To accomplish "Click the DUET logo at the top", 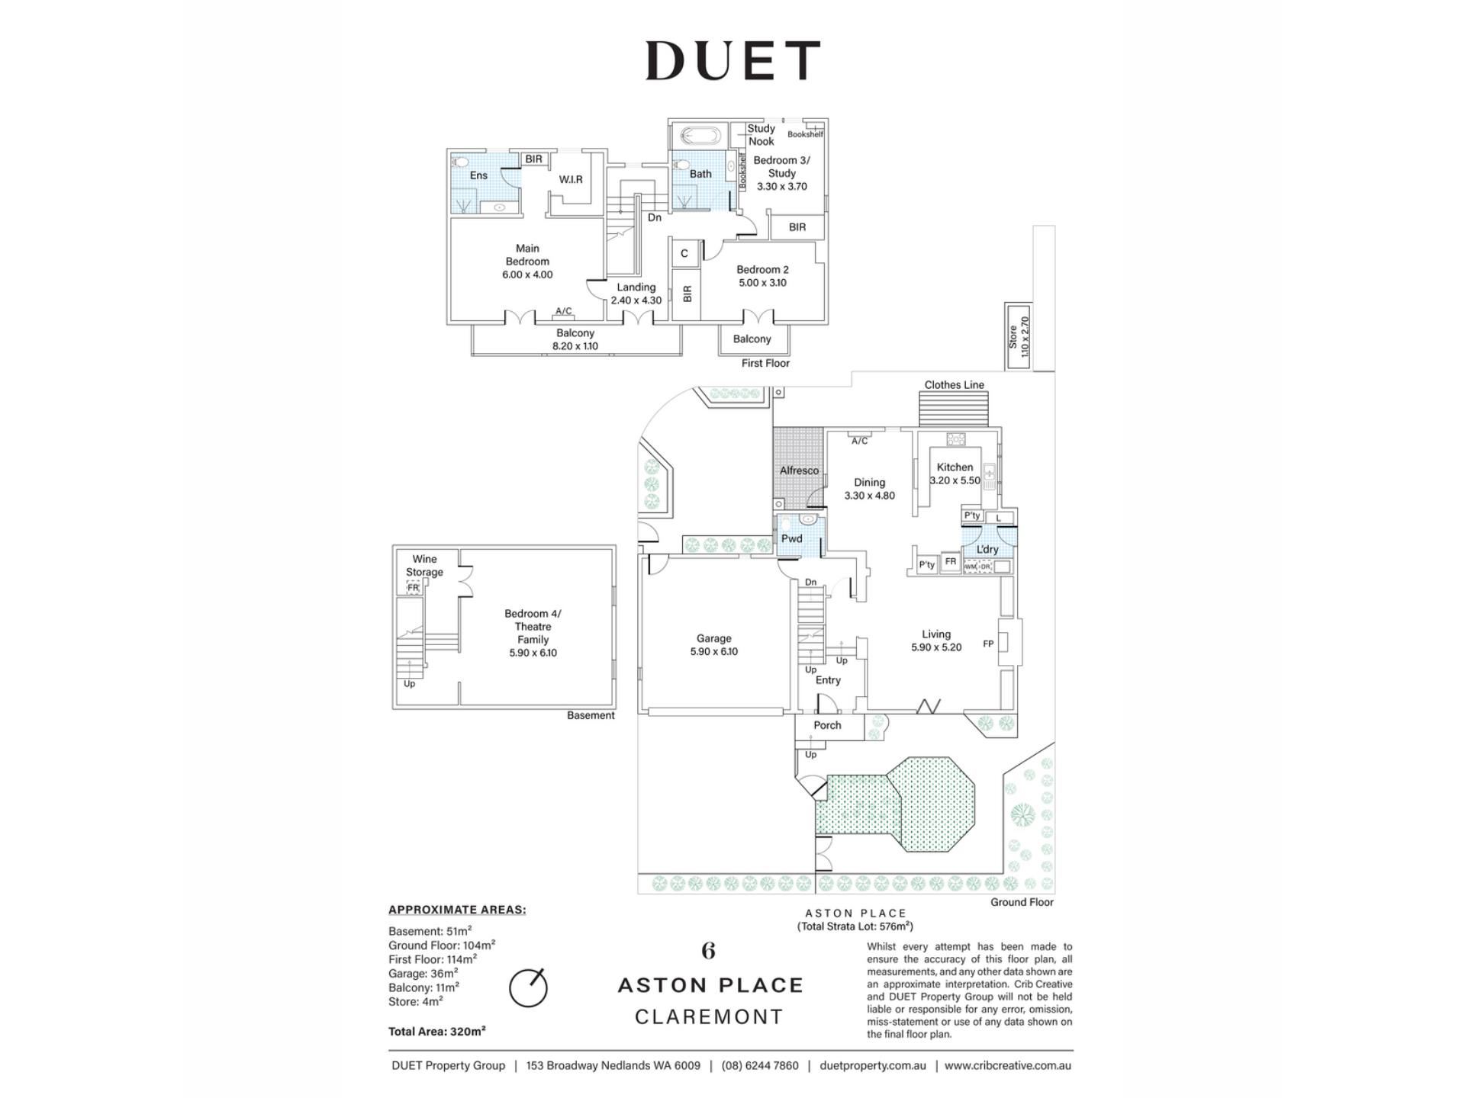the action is click(732, 60).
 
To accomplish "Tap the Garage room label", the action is click(713, 638).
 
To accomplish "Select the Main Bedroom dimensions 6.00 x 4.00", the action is click(527, 274).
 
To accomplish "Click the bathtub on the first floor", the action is click(699, 136).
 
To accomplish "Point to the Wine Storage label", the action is click(424, 565).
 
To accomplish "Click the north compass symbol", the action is click(528, 988).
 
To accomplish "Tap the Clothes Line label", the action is click(954, 385).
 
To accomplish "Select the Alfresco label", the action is click(799, 470).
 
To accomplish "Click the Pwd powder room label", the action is click(791, 538).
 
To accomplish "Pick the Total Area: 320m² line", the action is click(437, 1032).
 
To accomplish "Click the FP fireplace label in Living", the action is click(988, 644).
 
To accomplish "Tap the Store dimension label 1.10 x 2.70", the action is click(1025, 337).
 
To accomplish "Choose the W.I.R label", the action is click(571, 179).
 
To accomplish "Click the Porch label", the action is click(827, 725).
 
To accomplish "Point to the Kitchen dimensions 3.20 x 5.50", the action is click(955, 480).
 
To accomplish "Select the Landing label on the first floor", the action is click(636, 287).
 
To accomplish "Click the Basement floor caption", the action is click(591, 715).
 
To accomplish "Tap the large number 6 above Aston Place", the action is click(709, 951).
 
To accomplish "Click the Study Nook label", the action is click(761, 135).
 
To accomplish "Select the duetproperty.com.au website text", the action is click(873, 1065).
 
